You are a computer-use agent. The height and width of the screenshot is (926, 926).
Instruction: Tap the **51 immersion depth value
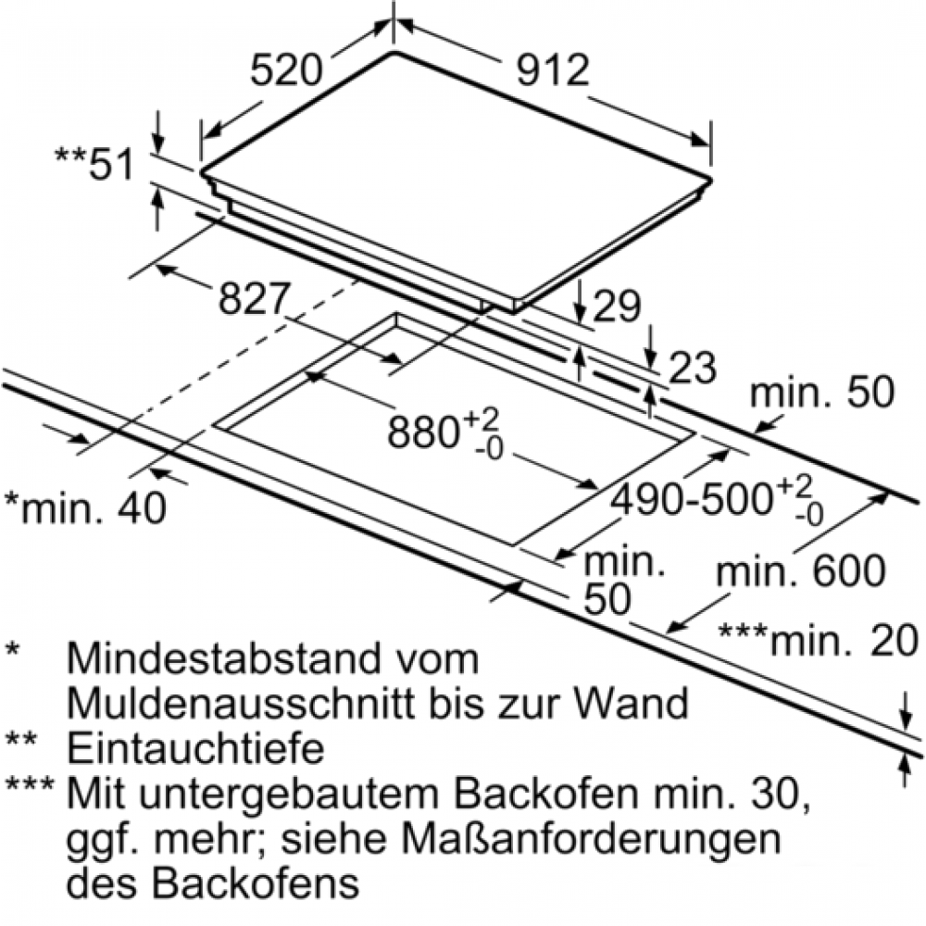point(95,164)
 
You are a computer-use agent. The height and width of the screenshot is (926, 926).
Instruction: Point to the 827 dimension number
point(256,299)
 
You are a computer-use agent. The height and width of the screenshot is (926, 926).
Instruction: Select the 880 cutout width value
point(426,431)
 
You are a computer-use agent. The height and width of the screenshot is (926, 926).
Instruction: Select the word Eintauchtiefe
point(195,747)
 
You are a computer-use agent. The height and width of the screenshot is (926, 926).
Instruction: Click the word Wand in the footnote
point(638,703)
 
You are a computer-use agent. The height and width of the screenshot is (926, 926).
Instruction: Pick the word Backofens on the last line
point(258,882)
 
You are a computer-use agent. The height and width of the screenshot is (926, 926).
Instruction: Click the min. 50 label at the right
point(822,393)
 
